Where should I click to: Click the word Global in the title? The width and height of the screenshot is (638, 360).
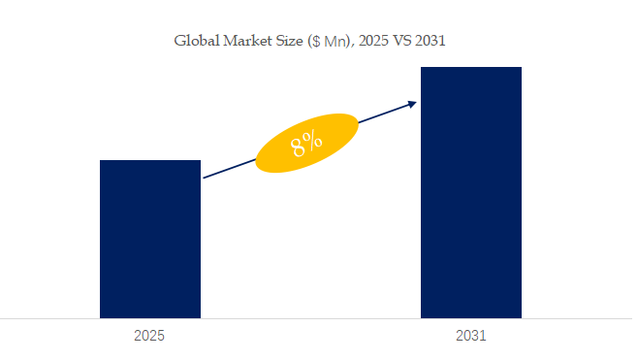click(x=197, y=41)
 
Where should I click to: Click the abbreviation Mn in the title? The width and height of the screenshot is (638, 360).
click(x=335, y=42)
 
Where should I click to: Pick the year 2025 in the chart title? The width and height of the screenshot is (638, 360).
click(x=373, y=41)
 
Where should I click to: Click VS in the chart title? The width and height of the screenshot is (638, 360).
click(x=402, y=41)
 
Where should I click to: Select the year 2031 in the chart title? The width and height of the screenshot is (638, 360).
click(x=431, y=41)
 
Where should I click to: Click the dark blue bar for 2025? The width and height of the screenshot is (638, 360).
click(x=150, y=239)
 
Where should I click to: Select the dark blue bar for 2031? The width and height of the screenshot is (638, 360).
click(x=471, y=193)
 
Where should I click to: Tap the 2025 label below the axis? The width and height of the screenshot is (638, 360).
click(x=149, y=336)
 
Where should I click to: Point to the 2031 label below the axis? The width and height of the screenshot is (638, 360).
click(x=471, y=336)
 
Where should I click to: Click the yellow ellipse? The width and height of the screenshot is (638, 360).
click(x=306, y=143)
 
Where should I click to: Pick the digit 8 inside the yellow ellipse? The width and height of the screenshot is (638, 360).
click(x=299, y=147)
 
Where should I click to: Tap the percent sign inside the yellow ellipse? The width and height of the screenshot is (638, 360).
click(x=313, y=140)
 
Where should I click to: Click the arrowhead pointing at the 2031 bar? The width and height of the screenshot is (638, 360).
click(x=413, y=104)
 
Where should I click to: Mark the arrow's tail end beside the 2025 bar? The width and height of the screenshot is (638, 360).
click(x=204, y=178)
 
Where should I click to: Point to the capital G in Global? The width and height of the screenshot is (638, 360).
click(x=179, y=41)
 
